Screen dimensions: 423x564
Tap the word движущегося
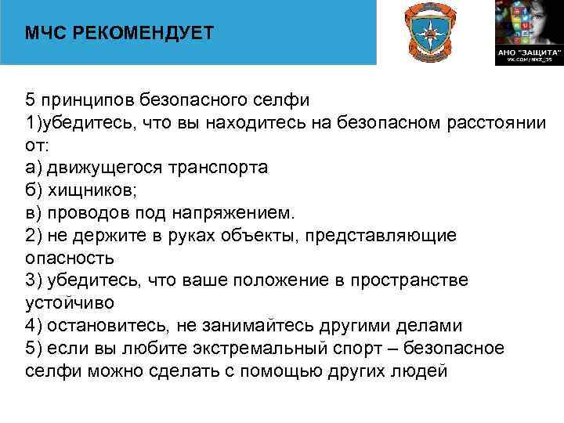coord(96,168)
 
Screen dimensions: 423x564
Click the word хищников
coord(86,190)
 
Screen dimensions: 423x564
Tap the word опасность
coord(70,258)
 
